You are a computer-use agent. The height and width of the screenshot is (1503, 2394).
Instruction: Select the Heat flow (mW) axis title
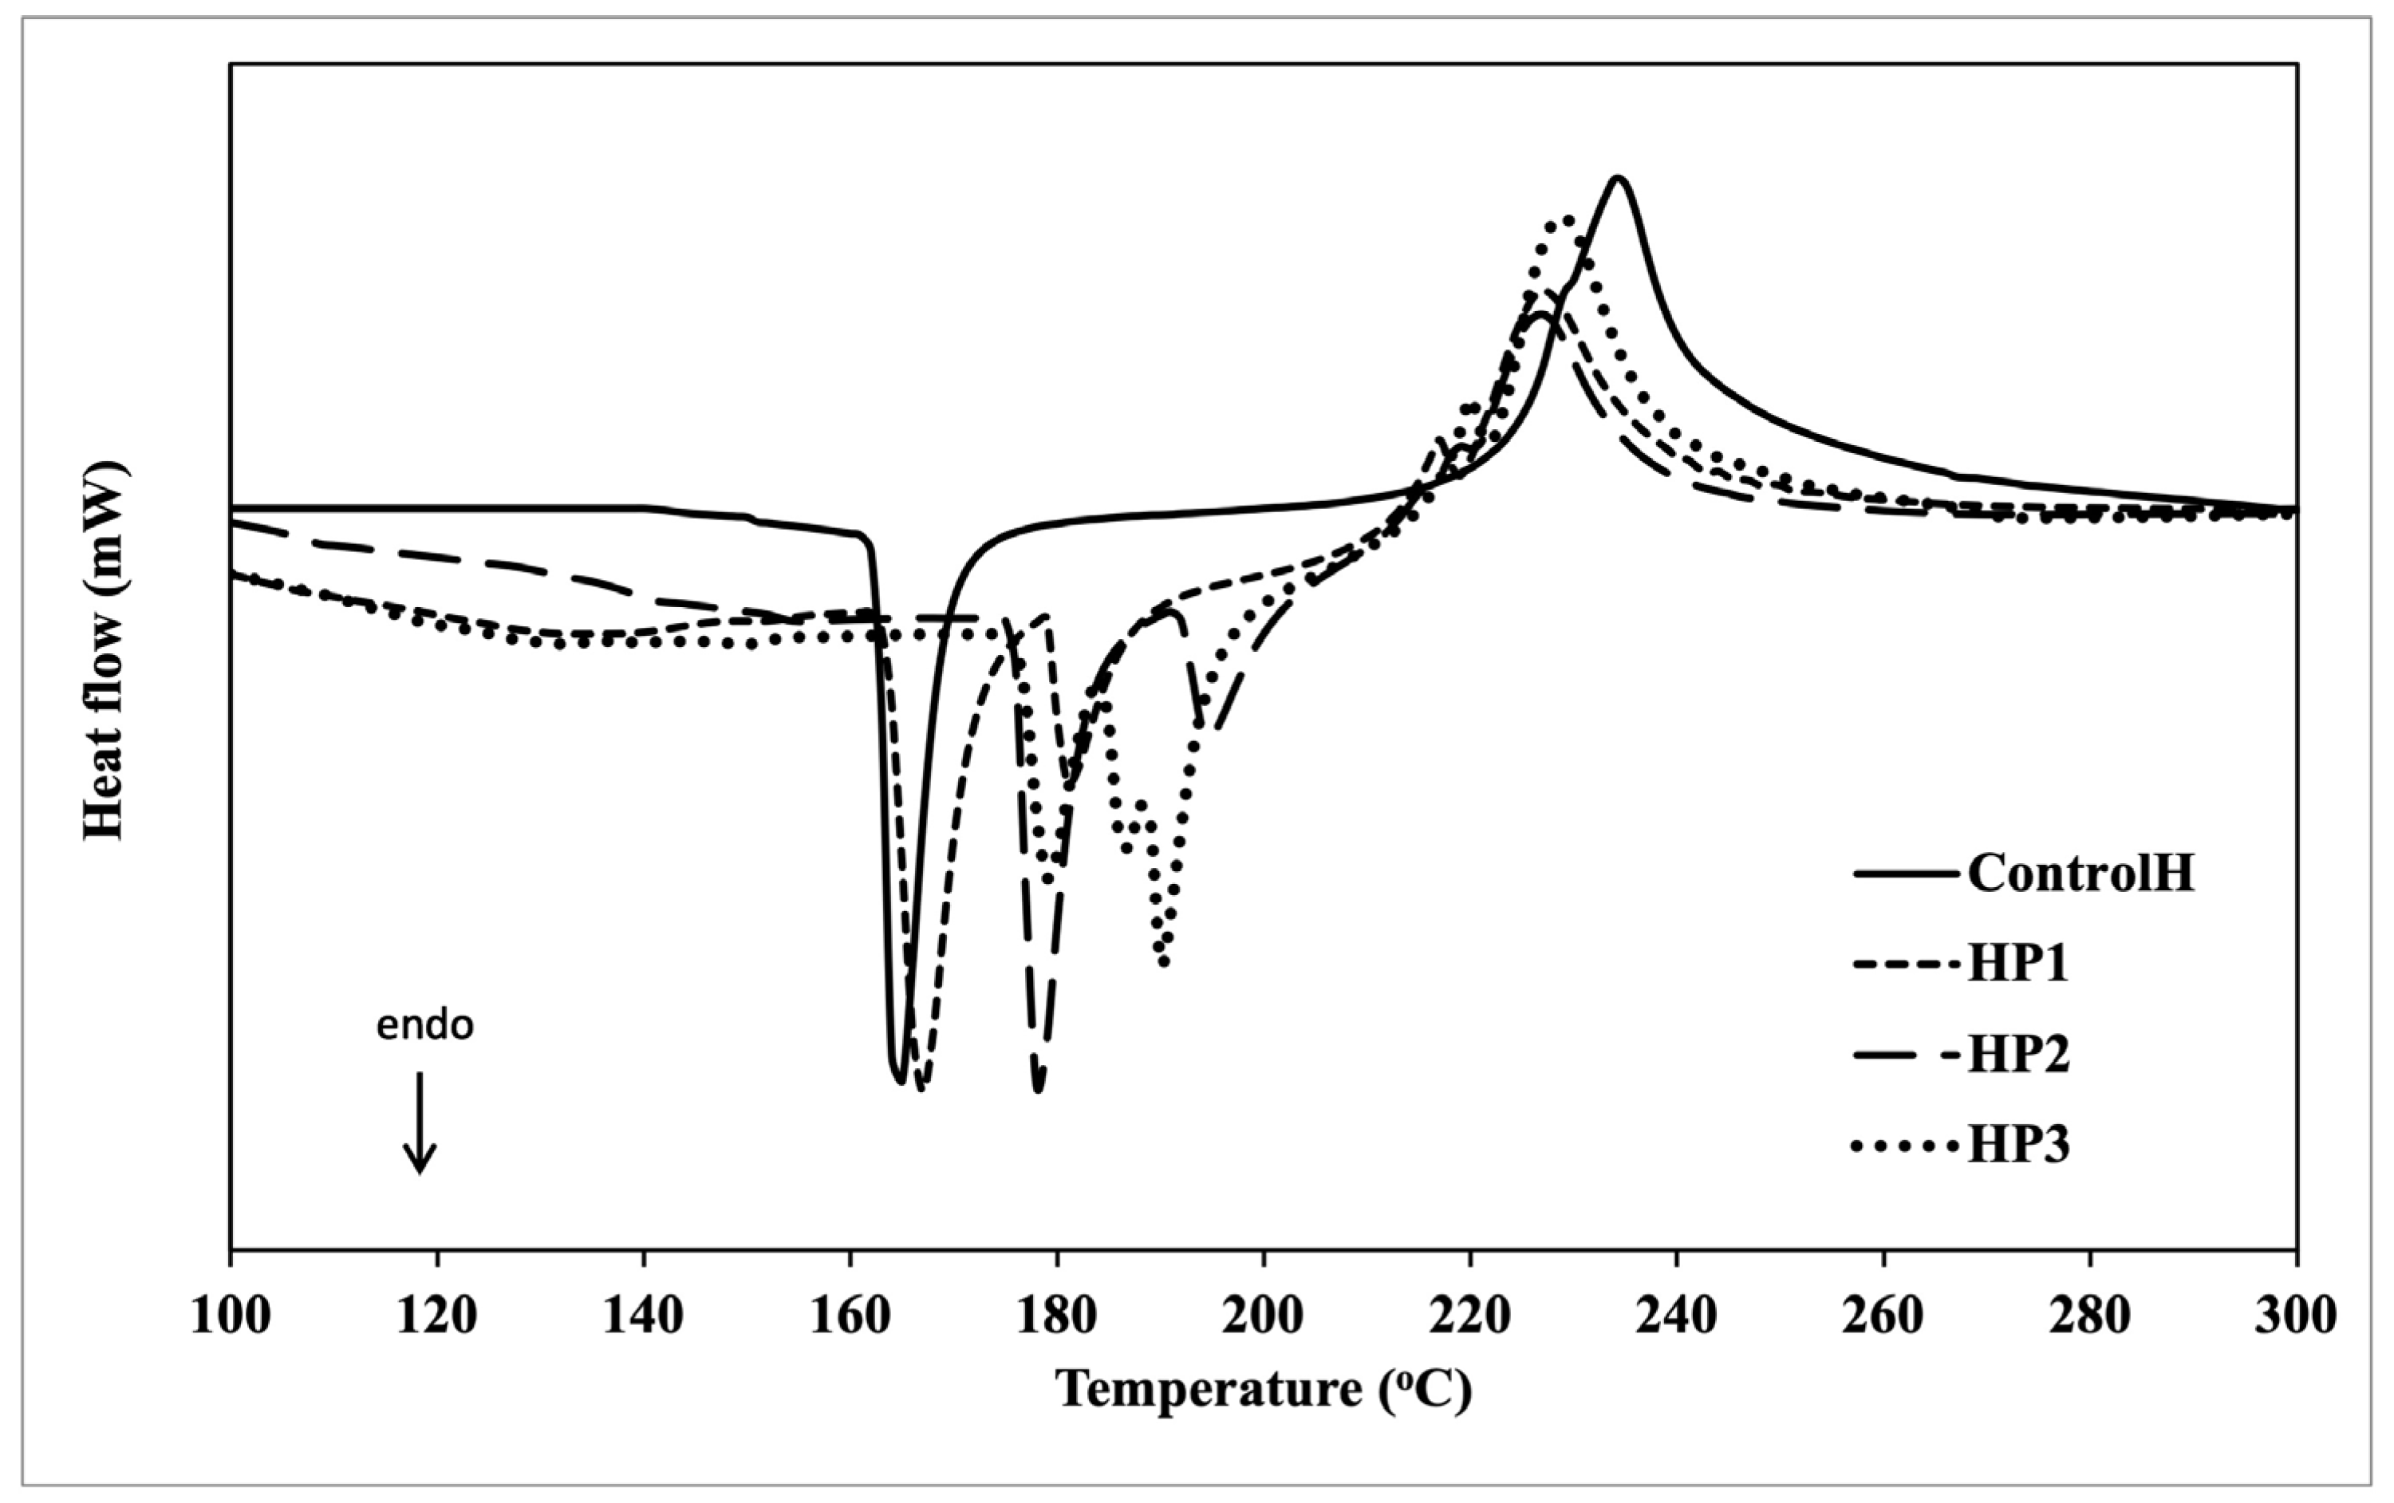[105, 651]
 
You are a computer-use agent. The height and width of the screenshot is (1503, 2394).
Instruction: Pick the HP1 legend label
[2018, 963]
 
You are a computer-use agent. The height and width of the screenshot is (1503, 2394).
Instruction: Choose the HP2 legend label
[2018, 1055]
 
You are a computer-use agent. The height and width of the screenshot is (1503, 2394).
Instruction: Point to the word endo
[424, 1026]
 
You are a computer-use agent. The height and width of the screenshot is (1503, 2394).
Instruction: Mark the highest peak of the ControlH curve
[1618, 178]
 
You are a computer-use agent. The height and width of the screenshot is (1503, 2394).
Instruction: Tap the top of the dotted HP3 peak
[1564, 219]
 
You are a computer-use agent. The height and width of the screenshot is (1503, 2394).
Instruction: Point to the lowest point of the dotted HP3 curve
[1164, 962]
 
